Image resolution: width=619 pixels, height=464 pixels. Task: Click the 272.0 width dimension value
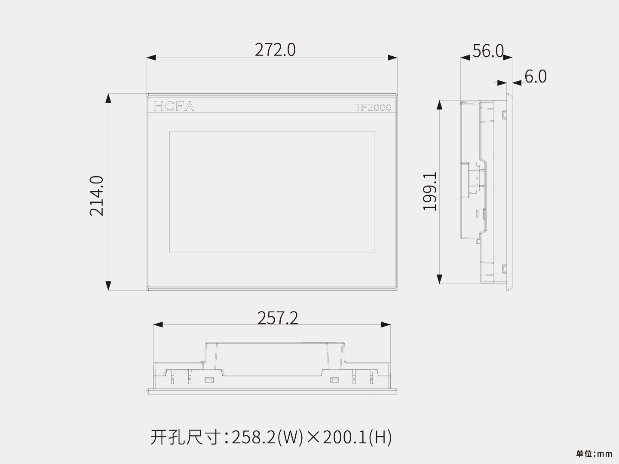coord(275,50)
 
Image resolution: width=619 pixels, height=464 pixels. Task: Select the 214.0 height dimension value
coord(96,196)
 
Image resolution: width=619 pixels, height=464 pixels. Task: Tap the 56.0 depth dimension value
coord(488,51)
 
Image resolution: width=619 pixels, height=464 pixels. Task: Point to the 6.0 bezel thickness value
coord(536,76)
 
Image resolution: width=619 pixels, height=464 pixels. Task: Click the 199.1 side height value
coord(430,191)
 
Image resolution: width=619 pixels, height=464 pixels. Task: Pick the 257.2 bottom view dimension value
coord(278,318)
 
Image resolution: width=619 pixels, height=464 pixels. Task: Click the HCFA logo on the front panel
coord(174,106)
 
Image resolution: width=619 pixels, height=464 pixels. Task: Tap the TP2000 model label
coord(373,107)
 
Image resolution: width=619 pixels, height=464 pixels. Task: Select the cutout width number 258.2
coord(253,437)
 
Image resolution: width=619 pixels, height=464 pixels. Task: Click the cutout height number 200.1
coord(344,437)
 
